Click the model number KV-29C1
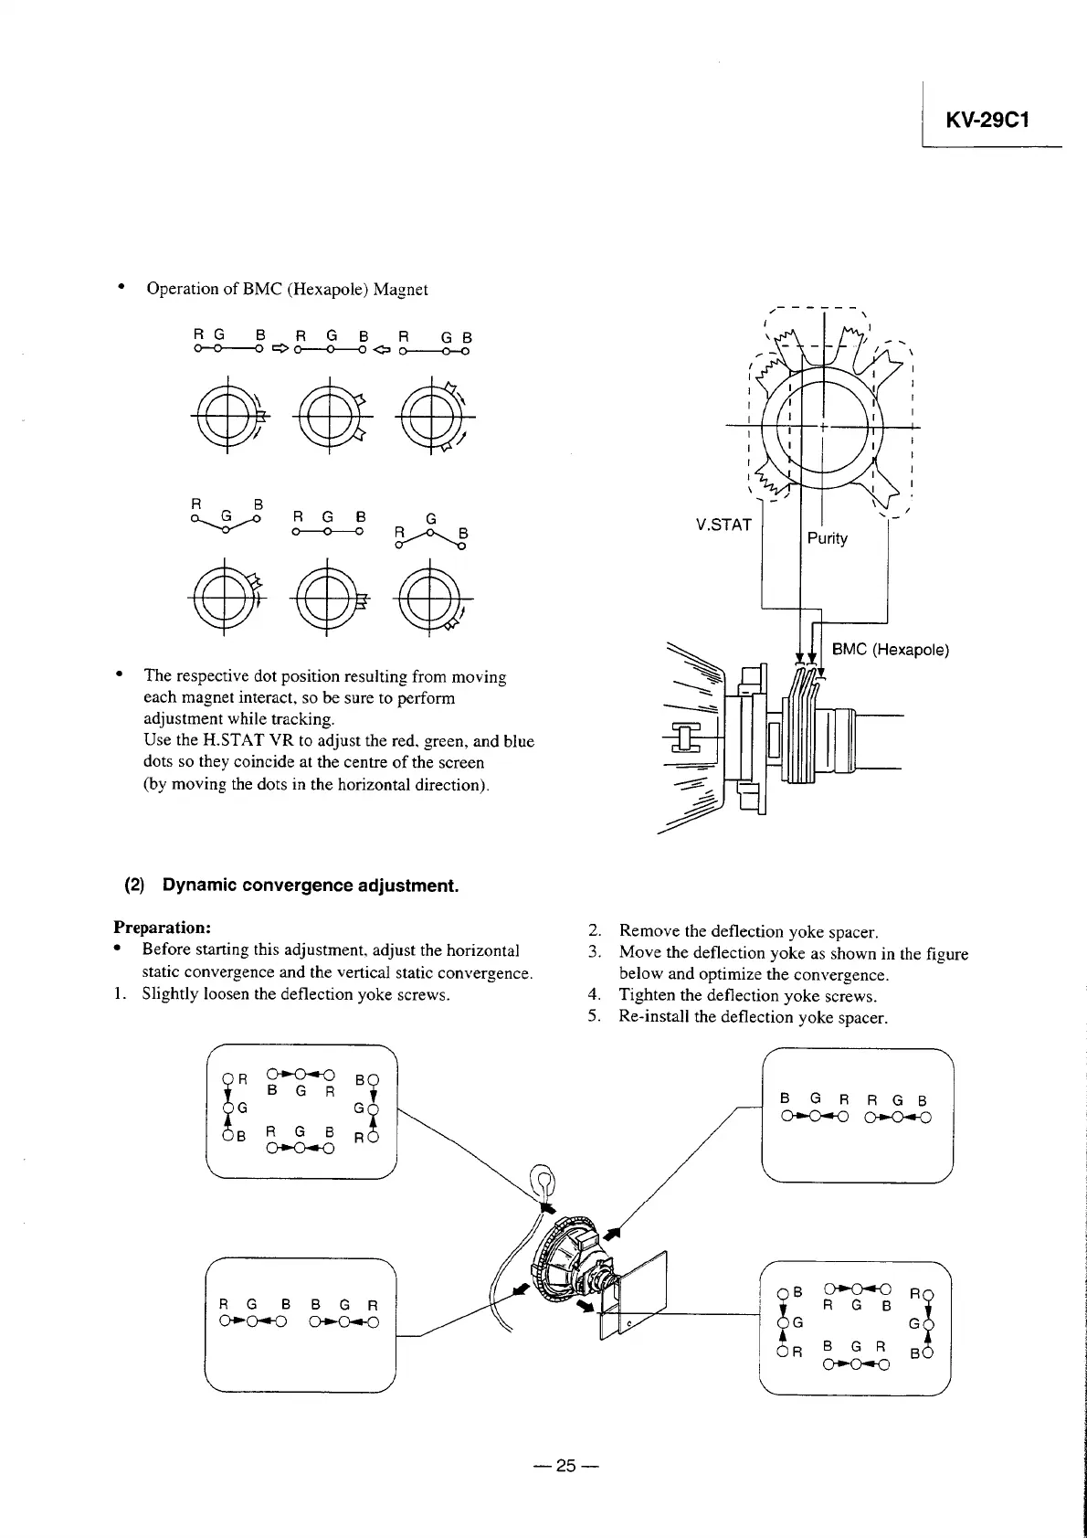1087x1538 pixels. pos(988,120)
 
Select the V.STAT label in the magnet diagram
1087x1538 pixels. pos(723,525)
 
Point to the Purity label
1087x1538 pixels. pos(827,538)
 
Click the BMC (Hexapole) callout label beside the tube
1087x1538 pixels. pos(890,650)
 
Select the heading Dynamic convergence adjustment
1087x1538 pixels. pos(310,886)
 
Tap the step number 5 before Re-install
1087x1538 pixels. pos(595,1017)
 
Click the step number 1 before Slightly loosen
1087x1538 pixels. pos(119,994)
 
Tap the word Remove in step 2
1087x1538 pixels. pos(648,931)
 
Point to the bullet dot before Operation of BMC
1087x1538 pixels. pos(120,288)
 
